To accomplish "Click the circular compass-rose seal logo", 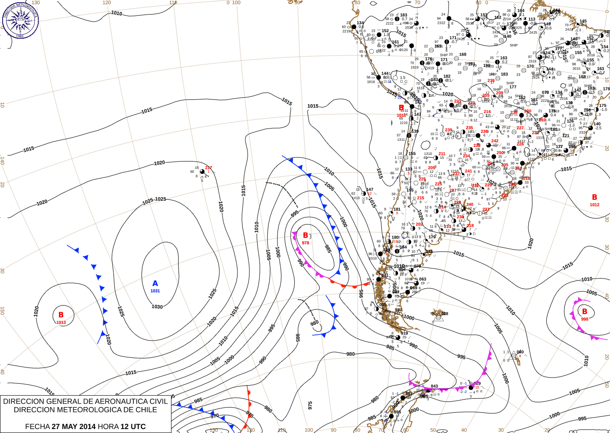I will coord(20,20).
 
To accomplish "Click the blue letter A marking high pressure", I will coord(155,283).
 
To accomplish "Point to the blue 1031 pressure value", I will coord(155,291).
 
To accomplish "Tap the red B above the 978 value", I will coord(306,235).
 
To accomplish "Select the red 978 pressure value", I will coord(306,243).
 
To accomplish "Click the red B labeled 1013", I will coord(61,315).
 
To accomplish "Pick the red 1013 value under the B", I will coord(61,323).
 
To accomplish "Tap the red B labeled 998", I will coord(584,312).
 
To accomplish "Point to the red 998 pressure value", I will coord(584,319).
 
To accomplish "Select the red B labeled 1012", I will coord(595,197).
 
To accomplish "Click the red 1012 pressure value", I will coord(595,205).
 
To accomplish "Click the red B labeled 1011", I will coord(401,107).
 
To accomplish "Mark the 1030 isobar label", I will coord(157,307).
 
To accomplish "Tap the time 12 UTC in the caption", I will coord(133,426).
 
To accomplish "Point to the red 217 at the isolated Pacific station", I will coord(208,168).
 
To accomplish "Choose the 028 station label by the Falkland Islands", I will coord(445,314).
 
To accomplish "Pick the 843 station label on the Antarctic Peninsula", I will coord(434,386).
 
